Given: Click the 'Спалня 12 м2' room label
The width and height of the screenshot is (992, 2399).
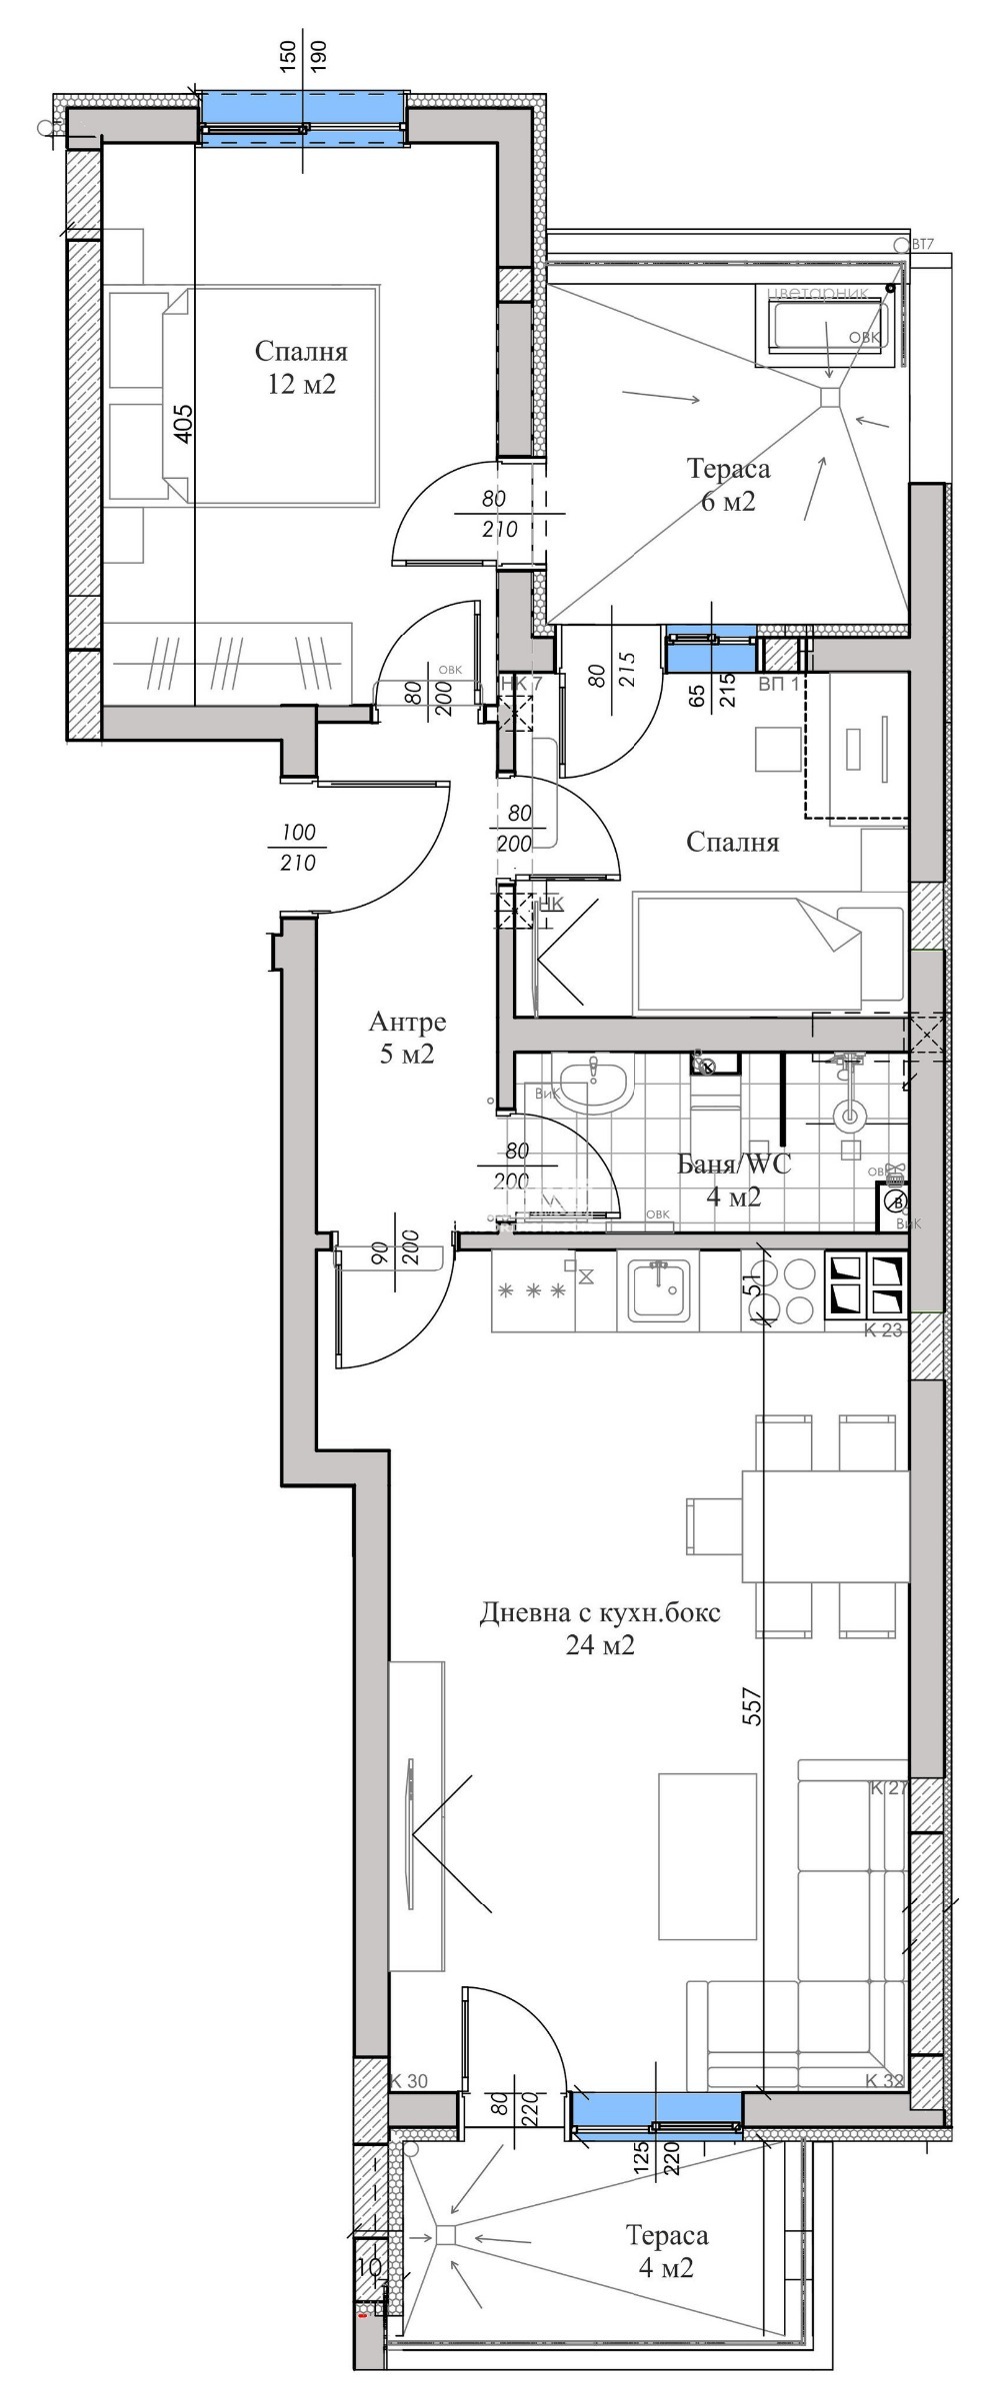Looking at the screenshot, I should (300, 367).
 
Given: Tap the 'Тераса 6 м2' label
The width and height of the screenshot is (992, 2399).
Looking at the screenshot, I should (728, 484).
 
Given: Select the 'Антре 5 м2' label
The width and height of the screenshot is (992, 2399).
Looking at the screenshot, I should (407, 1038).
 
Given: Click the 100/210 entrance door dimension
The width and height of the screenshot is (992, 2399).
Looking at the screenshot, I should (299, 847).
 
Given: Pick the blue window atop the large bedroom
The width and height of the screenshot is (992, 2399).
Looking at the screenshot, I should (304, 117).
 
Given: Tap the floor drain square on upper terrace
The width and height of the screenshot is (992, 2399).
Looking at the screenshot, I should (829, 398).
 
